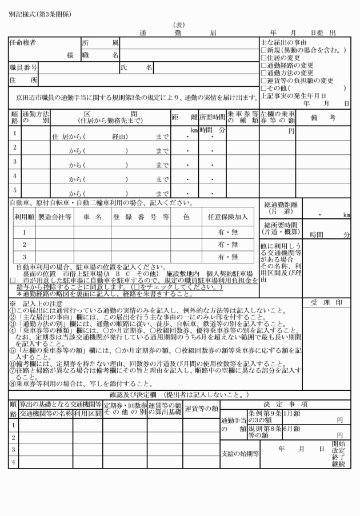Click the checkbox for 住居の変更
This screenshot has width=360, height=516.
point(263,58)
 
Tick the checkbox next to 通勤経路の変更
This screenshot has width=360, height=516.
point(263,65)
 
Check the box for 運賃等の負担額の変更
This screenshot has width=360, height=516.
point(263,81)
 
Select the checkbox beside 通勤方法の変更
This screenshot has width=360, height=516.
point(263,73)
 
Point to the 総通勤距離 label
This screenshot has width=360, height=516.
point(279,207)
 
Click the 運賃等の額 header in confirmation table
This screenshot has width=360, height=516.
point(201,409)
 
